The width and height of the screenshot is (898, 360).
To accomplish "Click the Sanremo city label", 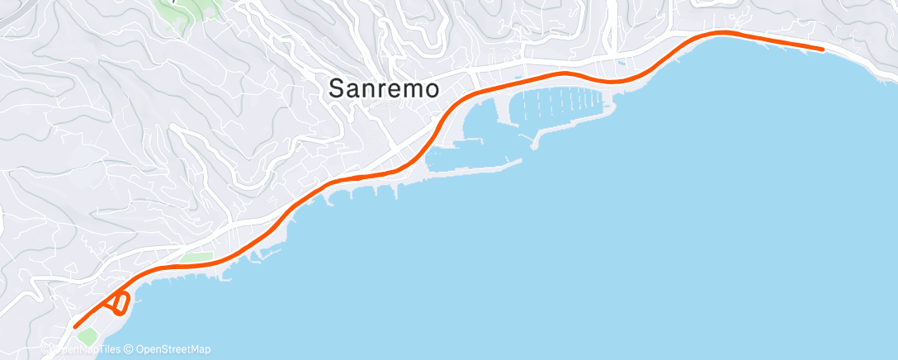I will click(x=384, y=88).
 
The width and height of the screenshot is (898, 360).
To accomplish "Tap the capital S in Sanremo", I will click(x=337, y=88).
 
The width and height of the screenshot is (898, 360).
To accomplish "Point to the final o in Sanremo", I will click(x=430, y=89).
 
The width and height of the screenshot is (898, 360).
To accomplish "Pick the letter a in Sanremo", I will click(x=352, y=89).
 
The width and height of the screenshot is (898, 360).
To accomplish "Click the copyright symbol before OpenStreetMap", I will click(x=130, y=349).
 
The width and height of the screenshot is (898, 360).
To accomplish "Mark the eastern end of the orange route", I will click(x=822, y=50).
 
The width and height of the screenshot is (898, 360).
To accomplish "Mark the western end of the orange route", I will click(x=75, y=326).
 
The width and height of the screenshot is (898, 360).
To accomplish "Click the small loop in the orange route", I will click(x=119, y=304).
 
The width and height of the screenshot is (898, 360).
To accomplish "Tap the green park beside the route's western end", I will click(x=87, y=337).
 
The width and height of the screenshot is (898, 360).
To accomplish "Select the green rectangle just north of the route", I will click(x=196, y=258).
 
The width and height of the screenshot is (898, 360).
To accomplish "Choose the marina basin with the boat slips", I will click(x=561, y=103).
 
